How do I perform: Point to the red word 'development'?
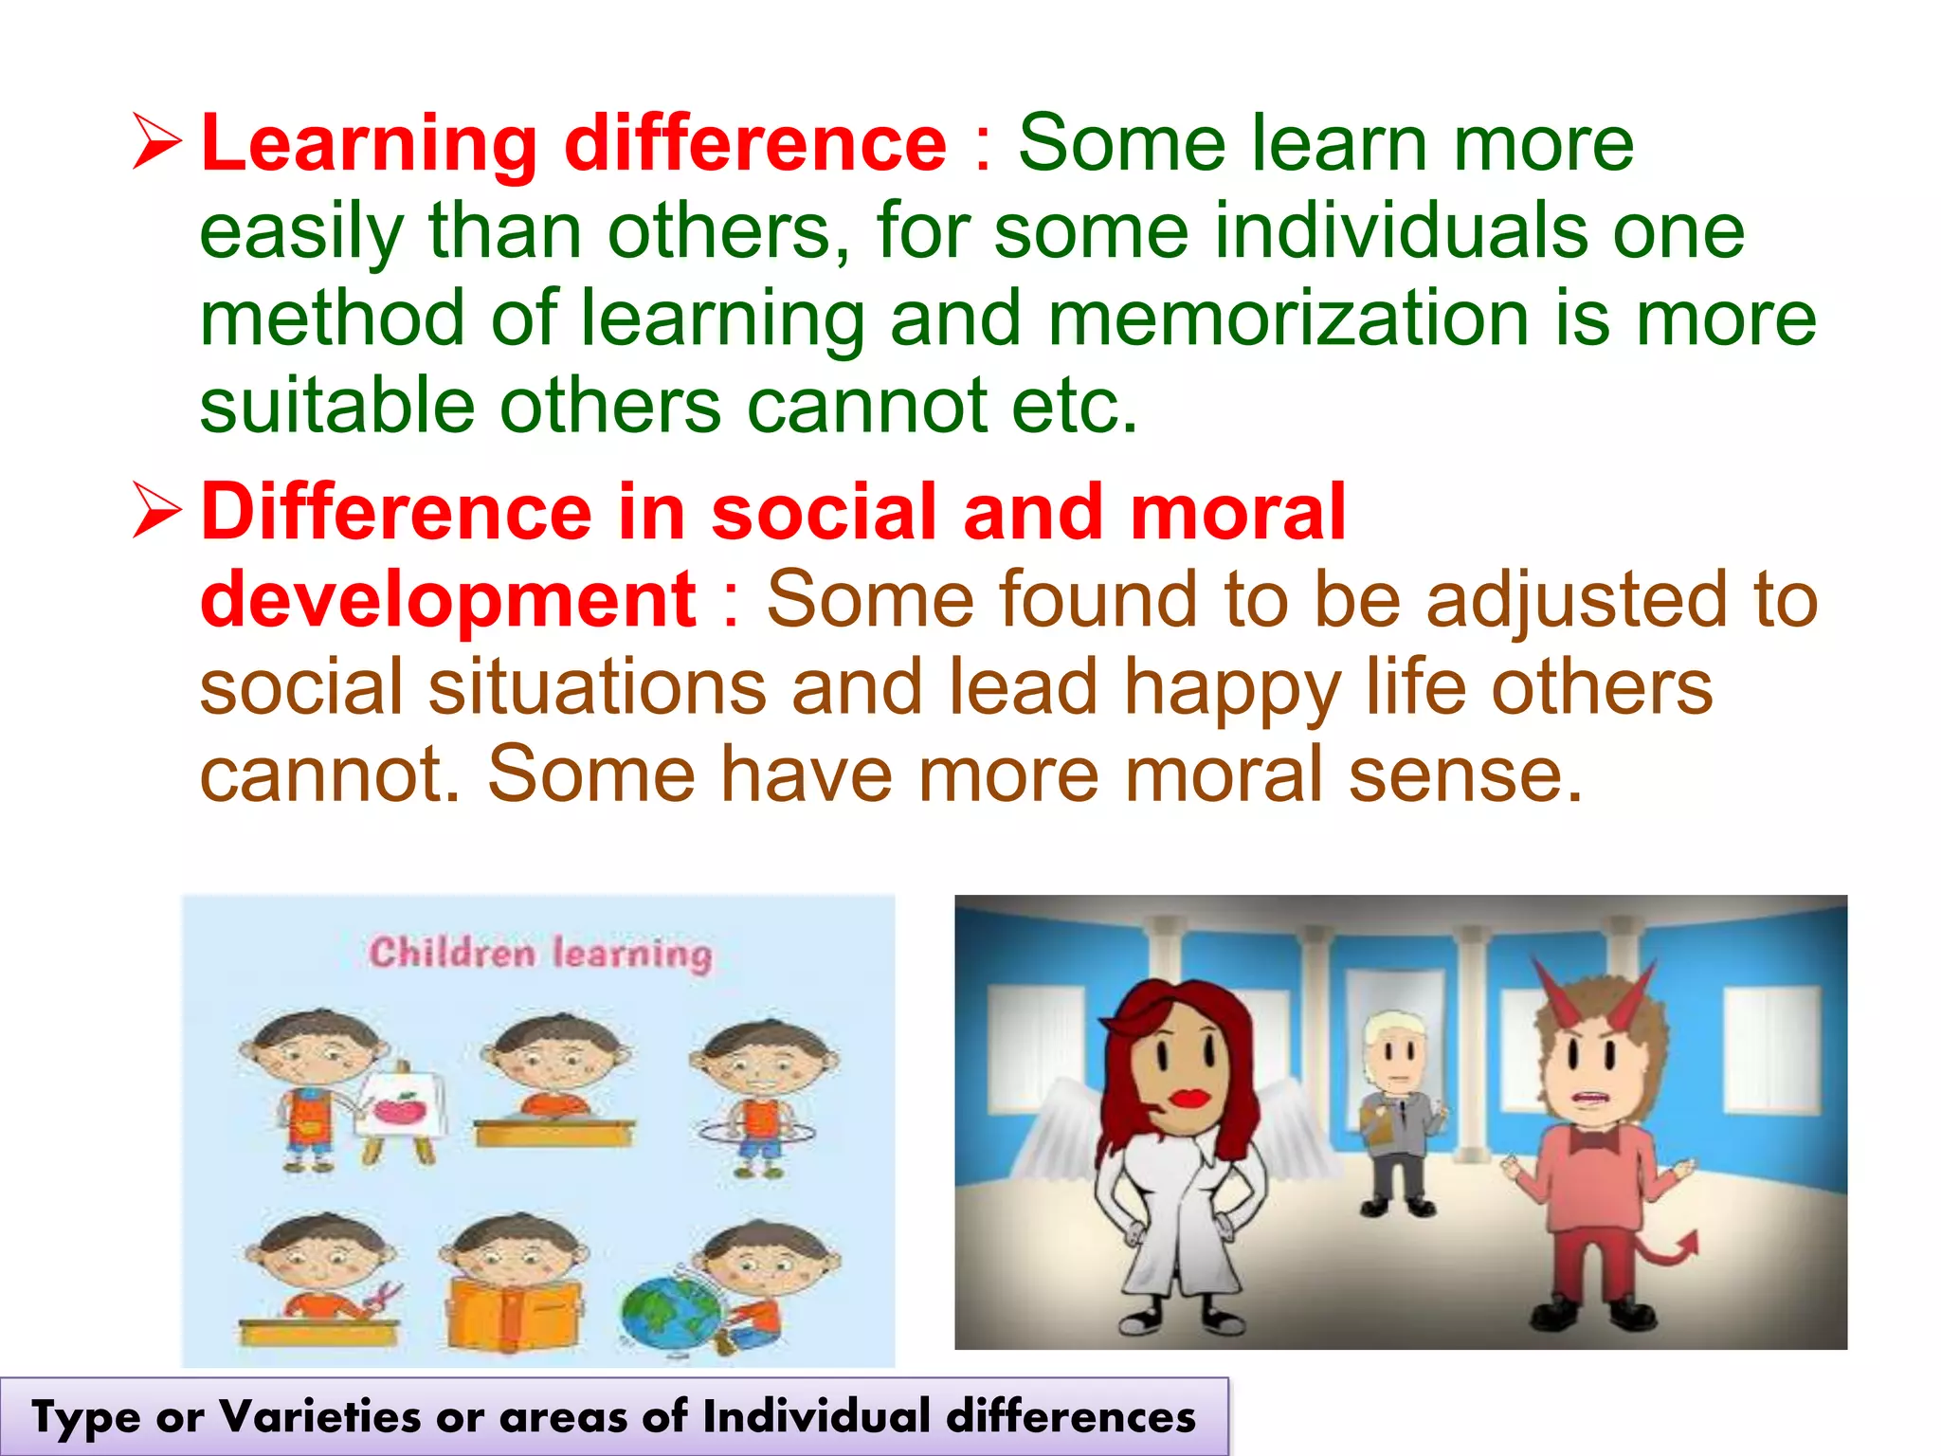tap(448, 599)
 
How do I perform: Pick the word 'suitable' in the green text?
tap(336, 406)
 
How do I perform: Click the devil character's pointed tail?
tap(1674, 1251)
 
